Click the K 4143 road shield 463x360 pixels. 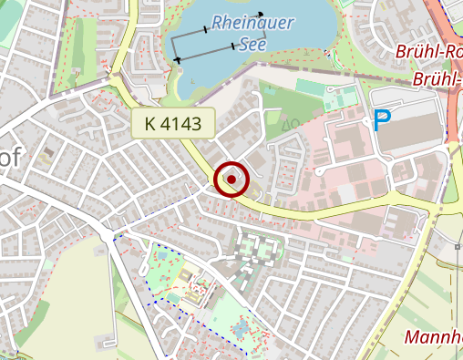[x=172, y=123]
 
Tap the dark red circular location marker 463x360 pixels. [x=231, y=180]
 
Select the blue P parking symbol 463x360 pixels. [x=383, y=120]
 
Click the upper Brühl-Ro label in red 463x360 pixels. [x=428, y=51]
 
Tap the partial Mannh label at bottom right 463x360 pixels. [x=433, y=339]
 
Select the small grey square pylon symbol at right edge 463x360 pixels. [x=458, y=246]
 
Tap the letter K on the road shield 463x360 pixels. [x=149, y=123]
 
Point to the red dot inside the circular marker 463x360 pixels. [x=231, y=180]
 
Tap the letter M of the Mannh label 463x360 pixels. [x=412, y=339]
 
